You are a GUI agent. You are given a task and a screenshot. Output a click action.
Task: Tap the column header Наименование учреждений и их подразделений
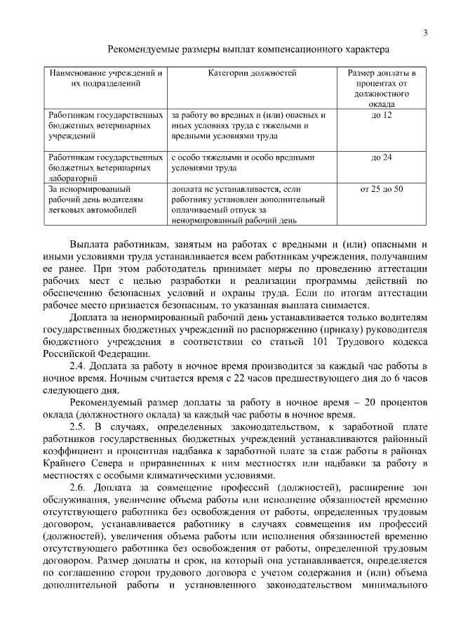click(x=105, y=78)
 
